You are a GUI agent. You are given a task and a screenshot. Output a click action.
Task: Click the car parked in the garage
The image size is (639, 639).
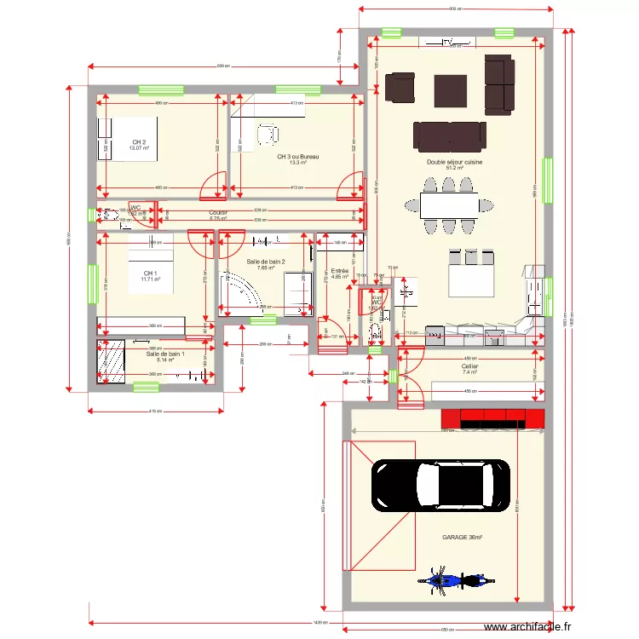441,486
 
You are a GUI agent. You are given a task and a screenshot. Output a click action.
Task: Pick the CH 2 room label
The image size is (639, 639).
139,142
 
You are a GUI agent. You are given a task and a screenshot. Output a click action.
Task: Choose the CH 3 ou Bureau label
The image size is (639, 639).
297,157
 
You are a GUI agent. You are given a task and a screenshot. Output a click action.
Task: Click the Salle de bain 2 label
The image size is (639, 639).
265,262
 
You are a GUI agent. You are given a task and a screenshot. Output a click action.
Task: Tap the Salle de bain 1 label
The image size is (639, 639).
164,354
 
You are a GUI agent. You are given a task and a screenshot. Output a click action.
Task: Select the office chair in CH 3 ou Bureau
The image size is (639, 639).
268,134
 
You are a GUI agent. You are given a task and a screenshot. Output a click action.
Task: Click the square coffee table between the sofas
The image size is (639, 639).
449,89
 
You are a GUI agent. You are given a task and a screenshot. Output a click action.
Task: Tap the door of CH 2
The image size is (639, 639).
214,183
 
